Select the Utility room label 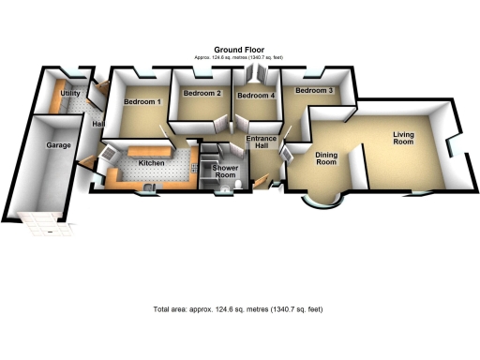69,95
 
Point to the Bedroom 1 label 142,101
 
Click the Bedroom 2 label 202,94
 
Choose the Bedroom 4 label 255,96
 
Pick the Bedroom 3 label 314,91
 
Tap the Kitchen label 152,163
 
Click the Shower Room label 226,172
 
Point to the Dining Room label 325,157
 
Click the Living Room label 403,140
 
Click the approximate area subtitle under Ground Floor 239,60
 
